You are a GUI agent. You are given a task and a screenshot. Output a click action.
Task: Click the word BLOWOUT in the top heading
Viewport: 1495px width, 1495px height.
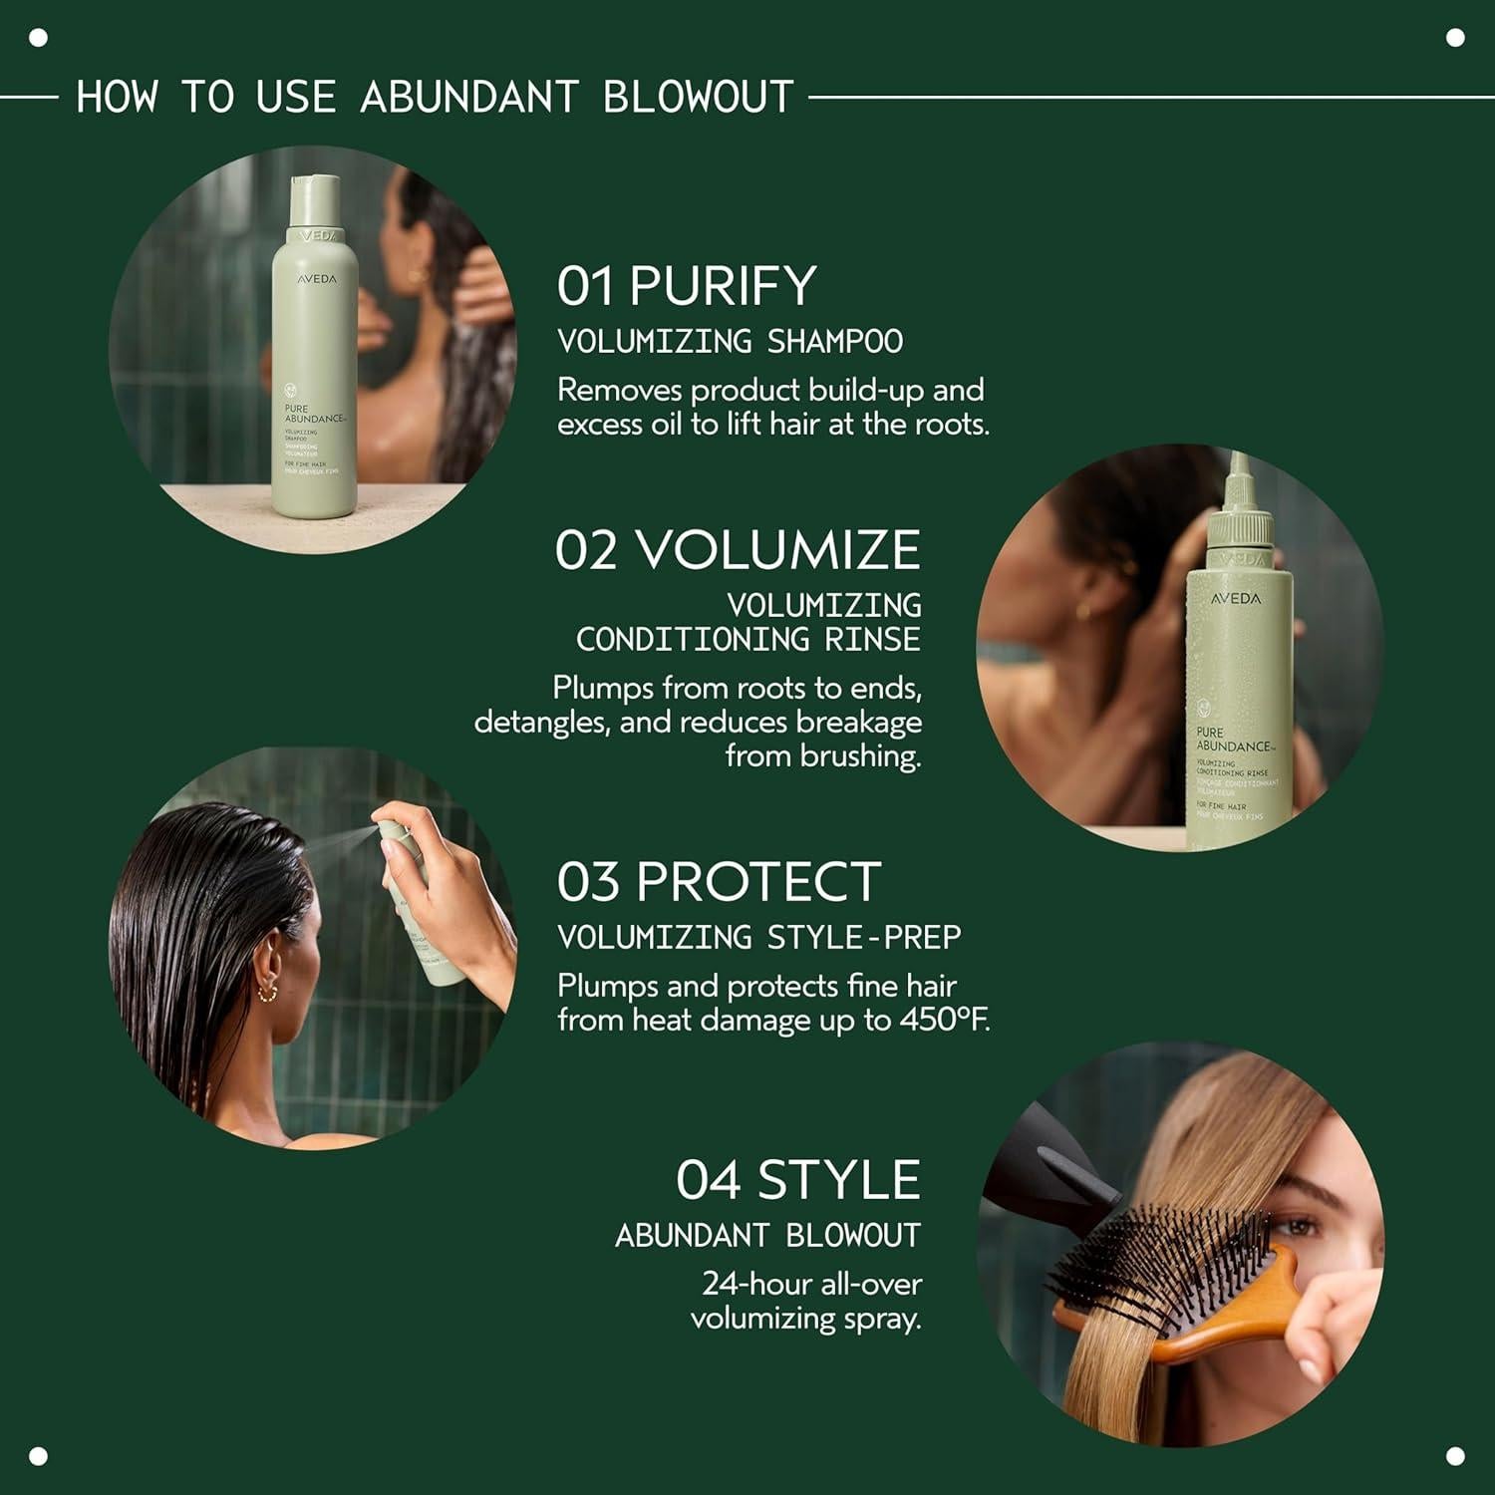698,98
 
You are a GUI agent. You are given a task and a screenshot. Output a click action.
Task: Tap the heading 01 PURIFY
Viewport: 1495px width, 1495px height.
687,286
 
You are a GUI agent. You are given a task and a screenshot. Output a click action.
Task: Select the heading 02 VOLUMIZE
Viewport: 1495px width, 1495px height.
738,550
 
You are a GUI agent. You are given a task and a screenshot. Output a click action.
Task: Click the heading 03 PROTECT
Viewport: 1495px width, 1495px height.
719,881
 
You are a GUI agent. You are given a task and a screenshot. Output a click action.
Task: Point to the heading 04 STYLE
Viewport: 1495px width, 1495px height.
797,1180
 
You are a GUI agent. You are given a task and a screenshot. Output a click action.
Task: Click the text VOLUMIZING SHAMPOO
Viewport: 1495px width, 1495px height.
730,342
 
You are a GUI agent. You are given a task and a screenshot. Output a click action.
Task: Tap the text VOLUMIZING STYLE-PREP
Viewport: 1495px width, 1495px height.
758,938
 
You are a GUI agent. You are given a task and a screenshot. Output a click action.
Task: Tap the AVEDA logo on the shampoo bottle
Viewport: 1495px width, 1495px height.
317,280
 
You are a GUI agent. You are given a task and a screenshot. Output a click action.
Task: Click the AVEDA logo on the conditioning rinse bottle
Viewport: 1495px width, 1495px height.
1236,599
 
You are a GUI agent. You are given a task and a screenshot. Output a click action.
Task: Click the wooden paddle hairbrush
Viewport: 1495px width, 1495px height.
1176,1286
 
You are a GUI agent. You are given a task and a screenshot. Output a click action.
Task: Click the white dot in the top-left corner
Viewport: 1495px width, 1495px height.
39,39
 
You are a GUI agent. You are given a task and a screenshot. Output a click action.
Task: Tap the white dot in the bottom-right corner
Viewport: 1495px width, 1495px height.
1455,1456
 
